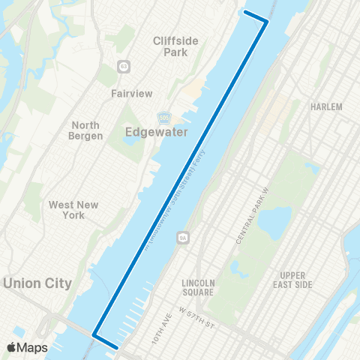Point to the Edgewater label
(x=156, y=133)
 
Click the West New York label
(x=73, y=210)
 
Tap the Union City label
(x=37, y=283)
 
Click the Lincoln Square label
(x=199, y=289)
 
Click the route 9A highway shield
(x=182, y=238)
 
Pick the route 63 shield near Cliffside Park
(x=122, y=67)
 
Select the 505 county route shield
(x=163, y=117)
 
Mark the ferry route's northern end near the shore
(x=246, y=12)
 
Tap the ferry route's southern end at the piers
(x=116, y=346)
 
